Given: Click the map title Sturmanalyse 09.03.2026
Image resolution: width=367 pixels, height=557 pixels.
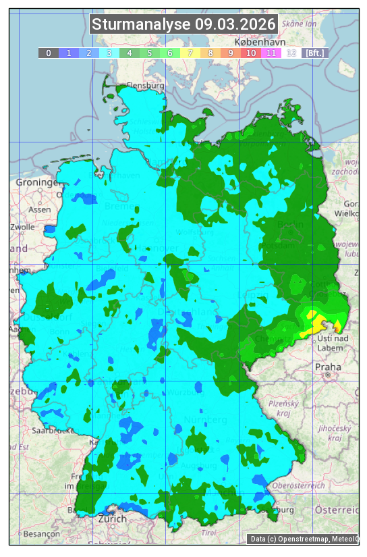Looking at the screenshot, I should tap(183, 24).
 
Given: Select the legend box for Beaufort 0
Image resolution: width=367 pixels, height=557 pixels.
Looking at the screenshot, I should tap(48, 53).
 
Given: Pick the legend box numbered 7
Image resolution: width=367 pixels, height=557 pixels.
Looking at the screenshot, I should tap(190, 53).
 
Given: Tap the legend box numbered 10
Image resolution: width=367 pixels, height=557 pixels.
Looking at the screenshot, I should tap(250, 53).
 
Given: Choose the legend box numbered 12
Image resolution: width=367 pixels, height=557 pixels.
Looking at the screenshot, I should tap(291, 53).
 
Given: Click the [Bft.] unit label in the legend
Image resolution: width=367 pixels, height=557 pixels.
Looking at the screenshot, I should tap(314, 53).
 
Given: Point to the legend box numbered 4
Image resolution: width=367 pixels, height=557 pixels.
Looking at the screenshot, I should tap(129, 53).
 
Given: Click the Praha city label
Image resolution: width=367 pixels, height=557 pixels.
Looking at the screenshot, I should tap(328, 367).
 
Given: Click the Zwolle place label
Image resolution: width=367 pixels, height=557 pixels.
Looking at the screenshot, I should tap(22, 227).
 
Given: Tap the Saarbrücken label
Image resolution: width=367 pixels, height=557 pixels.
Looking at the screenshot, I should tap(53, 430).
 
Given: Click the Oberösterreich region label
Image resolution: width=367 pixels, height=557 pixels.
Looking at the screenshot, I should tap(298, 485).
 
